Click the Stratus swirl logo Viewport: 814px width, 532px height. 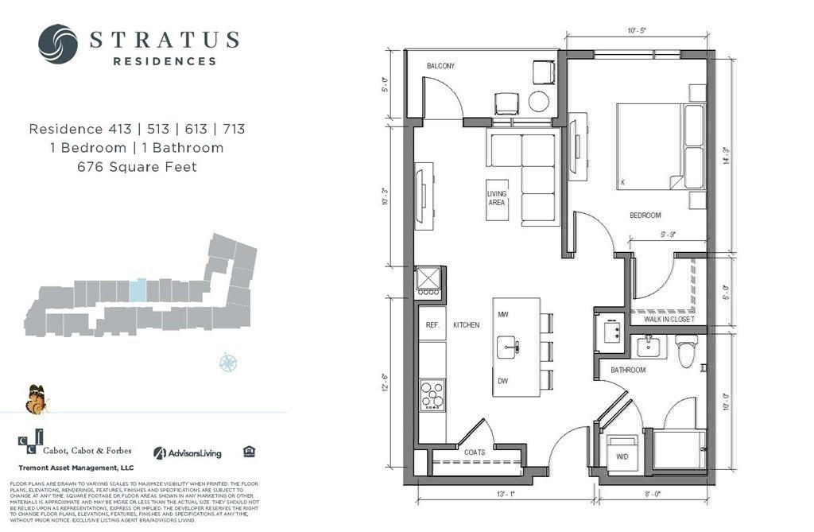(58, 44)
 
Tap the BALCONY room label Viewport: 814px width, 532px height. (440, 66)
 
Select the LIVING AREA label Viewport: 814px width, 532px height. (497, 198)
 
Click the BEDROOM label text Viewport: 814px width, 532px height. (645, 216)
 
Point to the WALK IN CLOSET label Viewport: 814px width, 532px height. (669, 320)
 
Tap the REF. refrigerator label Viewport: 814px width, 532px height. (432, 325)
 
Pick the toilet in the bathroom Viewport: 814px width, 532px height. (686, 351)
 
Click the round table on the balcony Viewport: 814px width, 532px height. (539, 101)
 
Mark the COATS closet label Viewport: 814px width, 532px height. (475, 452)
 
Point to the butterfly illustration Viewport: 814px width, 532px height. (36, 399)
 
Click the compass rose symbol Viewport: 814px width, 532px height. (229, 363)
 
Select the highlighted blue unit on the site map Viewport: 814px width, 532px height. (138, 289)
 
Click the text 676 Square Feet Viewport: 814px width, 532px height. (136, 167)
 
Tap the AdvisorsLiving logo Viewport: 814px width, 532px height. (188, 453)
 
